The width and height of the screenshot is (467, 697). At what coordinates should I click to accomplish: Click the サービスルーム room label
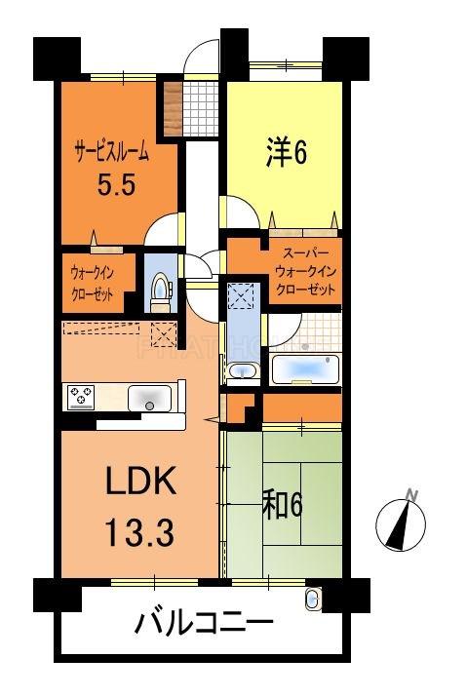(112, 151)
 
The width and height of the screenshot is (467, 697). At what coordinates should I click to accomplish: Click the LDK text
(139, 484)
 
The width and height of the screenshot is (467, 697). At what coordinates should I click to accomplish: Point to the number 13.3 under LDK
(140, 532)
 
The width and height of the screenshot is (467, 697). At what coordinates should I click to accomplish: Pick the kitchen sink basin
(149, 398)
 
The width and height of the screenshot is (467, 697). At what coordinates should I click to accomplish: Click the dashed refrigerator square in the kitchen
(163, 335)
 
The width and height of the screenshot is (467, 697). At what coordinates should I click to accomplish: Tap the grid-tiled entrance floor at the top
(203, 107)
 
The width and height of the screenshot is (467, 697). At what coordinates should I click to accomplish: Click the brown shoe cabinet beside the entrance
(171, 108)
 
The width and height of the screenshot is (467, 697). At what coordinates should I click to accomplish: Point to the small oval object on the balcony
(313, 599)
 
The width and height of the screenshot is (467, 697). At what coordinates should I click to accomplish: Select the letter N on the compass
(413, 494)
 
